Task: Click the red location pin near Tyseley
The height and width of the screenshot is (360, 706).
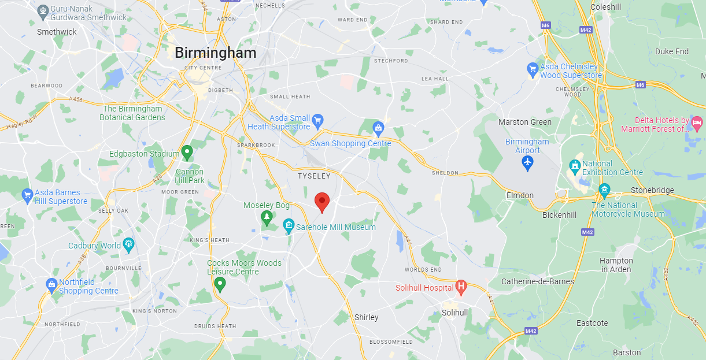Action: click(322, 202)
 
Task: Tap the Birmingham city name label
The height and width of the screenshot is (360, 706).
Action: click(215, 53)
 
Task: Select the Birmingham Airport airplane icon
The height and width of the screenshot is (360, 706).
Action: click(527, 163)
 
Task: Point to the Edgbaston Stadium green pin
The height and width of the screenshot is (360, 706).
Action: click(187, 153)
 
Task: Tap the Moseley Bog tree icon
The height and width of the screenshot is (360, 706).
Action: click(267, 217)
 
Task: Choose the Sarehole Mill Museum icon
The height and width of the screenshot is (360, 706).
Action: click(289, 226)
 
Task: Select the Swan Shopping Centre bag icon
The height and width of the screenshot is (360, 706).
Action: click(378, 128)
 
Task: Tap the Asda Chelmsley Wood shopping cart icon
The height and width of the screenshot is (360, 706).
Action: click(533, 70)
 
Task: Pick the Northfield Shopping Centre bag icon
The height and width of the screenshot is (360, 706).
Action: click(52, 285)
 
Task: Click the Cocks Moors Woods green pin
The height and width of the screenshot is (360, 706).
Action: click(219, 284)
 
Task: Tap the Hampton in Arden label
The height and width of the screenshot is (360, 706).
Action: click(616, 265)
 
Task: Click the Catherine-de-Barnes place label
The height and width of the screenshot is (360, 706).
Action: click(537, 281)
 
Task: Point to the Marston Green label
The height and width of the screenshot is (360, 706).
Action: click(525, 122)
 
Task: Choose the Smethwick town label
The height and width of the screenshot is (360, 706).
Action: click(57, 32)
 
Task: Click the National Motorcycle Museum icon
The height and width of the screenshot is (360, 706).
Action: click(604, 190)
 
